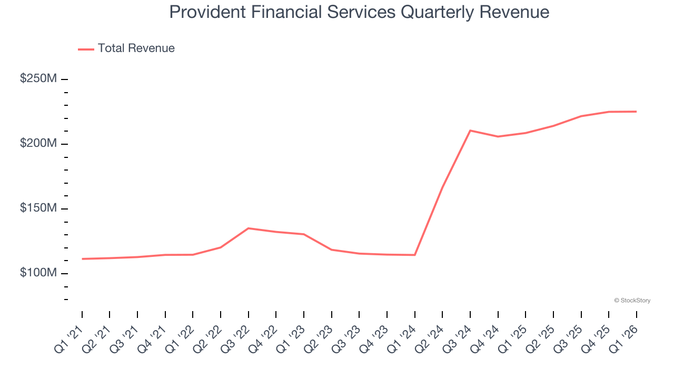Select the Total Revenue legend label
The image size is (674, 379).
click(136, 48)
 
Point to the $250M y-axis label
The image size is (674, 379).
click(38, 79)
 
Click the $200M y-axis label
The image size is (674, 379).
click(38, 144)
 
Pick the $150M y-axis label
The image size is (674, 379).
click(38, 208)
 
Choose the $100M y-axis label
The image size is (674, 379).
click(38, 273)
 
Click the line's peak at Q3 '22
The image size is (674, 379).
click(248, 228)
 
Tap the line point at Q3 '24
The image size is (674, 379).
click(470, 131)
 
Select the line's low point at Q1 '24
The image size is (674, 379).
click(415, 255)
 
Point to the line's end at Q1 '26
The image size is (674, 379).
click(636, 112)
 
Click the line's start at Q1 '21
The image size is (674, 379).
click(82, 259)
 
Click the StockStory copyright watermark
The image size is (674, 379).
click(632, 301)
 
